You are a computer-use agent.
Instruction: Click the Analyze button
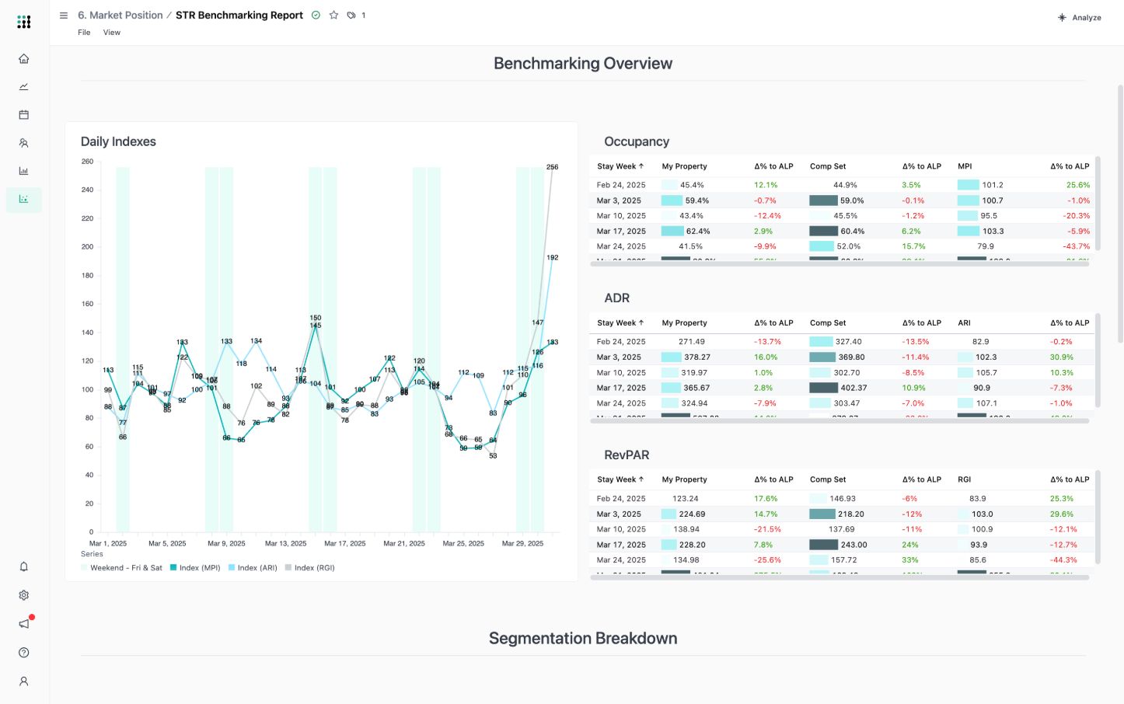(1080, 17)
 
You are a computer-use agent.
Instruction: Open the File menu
(84, 33)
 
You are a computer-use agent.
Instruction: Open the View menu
(112, 33)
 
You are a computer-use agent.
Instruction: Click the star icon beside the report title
(333, 15)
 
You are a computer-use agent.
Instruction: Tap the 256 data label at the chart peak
(552, 167)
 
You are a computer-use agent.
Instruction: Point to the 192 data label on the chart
(552, 257)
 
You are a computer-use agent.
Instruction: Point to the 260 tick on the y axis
(87, 162)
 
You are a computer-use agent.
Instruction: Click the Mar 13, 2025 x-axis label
(285, 544)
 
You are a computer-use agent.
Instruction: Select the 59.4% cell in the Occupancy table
(696, 200)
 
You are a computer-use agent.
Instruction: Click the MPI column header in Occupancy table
(965, 166)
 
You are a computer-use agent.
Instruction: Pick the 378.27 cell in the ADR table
(696, 357)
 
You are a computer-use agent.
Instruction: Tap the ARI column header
(964, 323)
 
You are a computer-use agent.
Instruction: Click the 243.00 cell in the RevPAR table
(853, 545)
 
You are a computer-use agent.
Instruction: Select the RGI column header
(964, 480)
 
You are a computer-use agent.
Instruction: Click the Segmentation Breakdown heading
(583, 639)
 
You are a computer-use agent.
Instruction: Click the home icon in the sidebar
(24, 58)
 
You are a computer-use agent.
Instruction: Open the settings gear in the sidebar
(24, 595)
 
